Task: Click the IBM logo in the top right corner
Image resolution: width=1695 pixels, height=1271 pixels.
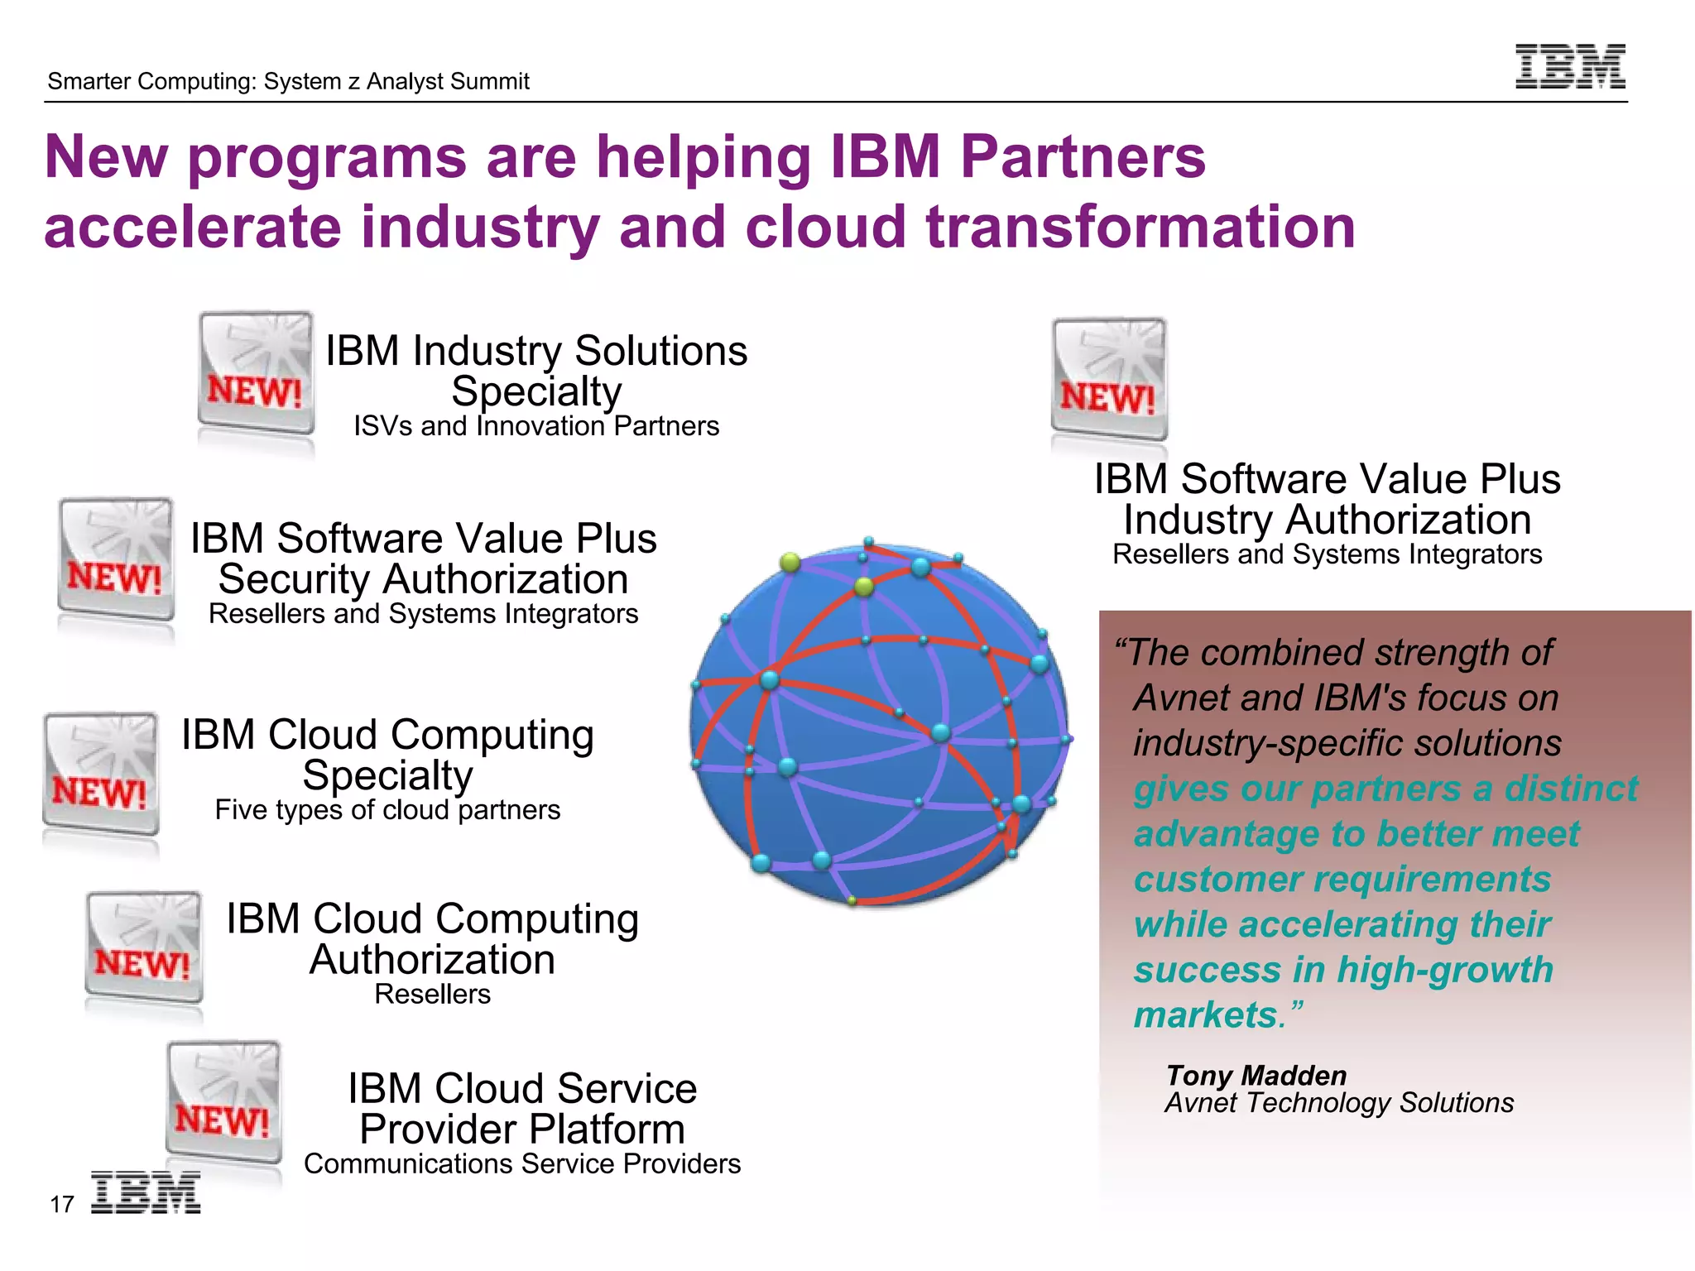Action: [1570, 66]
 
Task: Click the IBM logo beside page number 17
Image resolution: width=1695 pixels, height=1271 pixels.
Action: [146, 1192]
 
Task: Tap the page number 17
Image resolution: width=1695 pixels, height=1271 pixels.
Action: [62, 1205]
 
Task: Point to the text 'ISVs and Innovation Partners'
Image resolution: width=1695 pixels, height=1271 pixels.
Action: [536, 426]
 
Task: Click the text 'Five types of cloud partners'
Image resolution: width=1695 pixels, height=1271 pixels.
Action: [387, 810]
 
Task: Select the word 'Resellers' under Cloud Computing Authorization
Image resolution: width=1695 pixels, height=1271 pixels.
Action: [432, 995]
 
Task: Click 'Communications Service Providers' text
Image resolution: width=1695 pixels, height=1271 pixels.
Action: [522, 1164]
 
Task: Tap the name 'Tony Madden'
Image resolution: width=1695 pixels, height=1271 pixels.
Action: [1256, 1076]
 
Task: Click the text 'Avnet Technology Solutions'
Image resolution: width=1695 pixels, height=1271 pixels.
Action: [1339, 1103]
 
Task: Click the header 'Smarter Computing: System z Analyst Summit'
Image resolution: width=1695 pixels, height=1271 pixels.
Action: [288, 81]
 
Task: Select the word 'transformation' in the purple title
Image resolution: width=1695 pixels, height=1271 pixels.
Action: [1140, 227]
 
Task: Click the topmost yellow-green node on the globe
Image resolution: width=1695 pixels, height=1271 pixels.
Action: [790, 563]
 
